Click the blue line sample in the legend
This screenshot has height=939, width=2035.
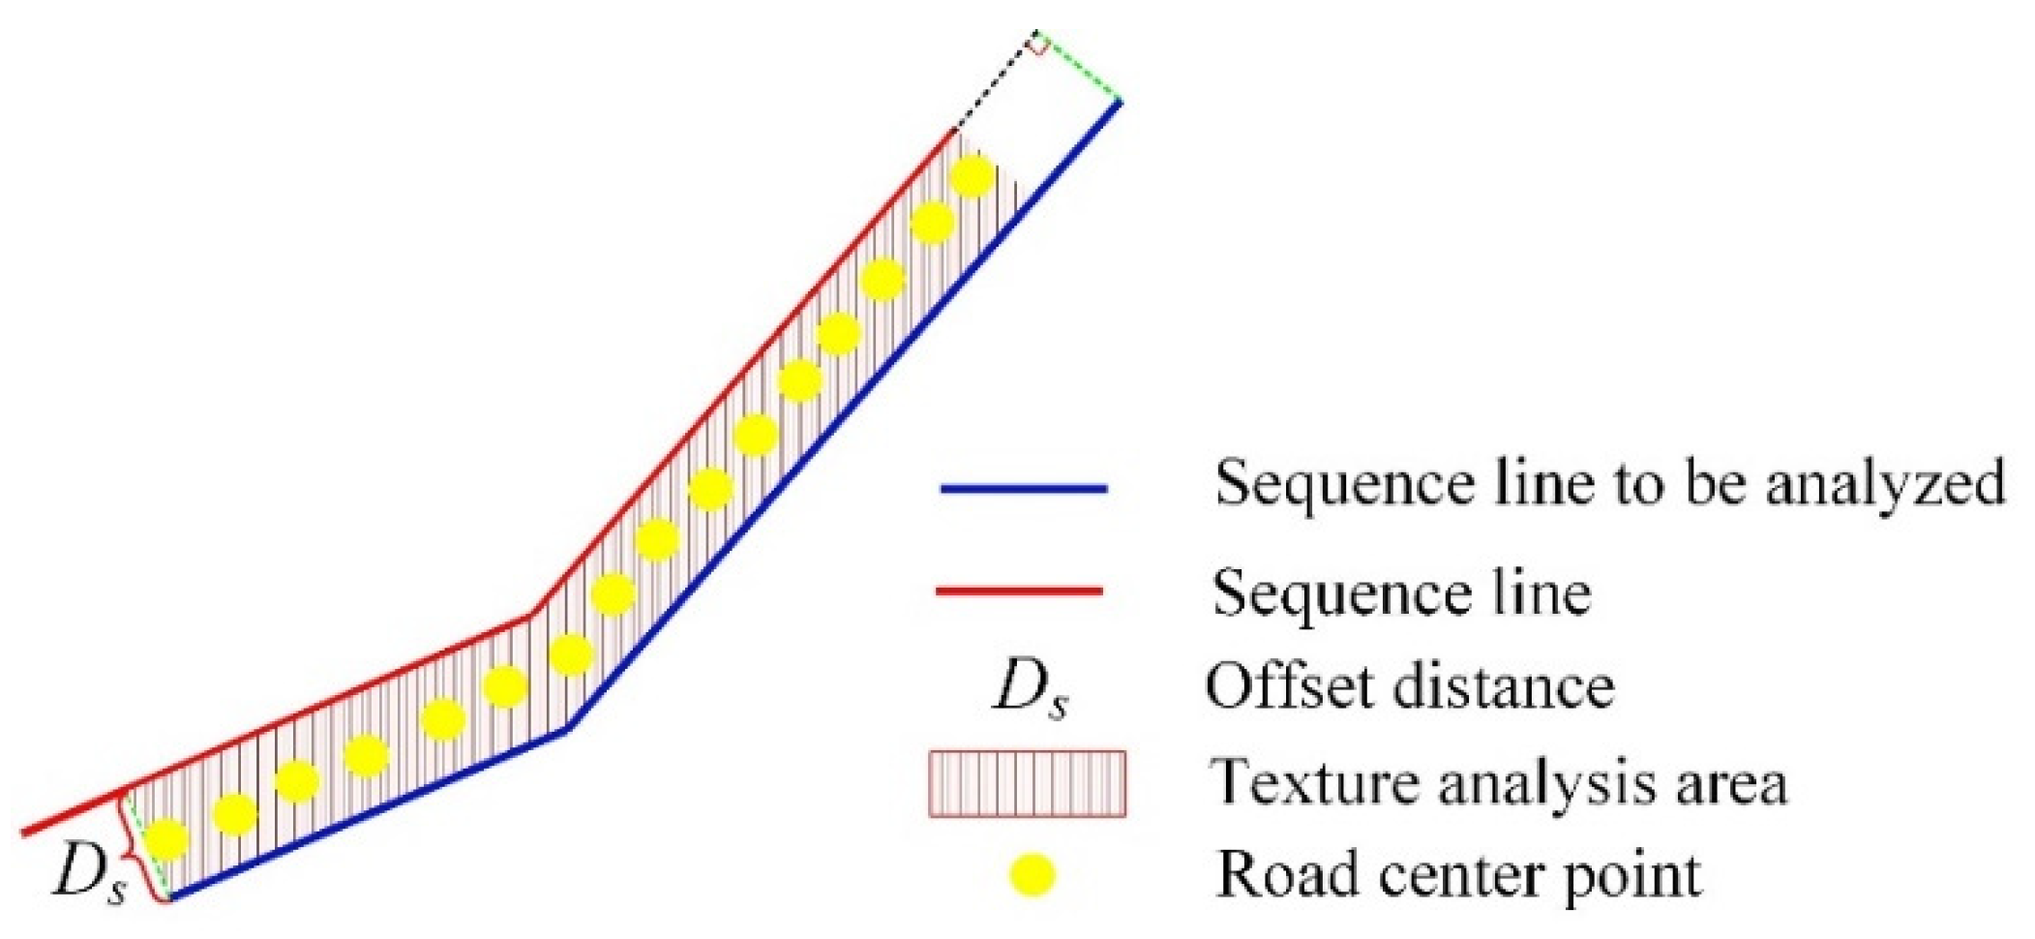1023,489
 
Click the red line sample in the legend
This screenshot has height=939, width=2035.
1019,590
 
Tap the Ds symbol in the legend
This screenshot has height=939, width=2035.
1032,690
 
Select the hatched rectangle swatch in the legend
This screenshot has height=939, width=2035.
1027,783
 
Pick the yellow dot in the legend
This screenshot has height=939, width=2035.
1032,875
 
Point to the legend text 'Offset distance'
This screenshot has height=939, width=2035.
1409,686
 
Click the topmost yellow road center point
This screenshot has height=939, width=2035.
972,176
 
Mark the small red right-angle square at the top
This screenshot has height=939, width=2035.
1036,44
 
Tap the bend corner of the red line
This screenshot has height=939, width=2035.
530,613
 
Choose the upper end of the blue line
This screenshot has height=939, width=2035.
1120,102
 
